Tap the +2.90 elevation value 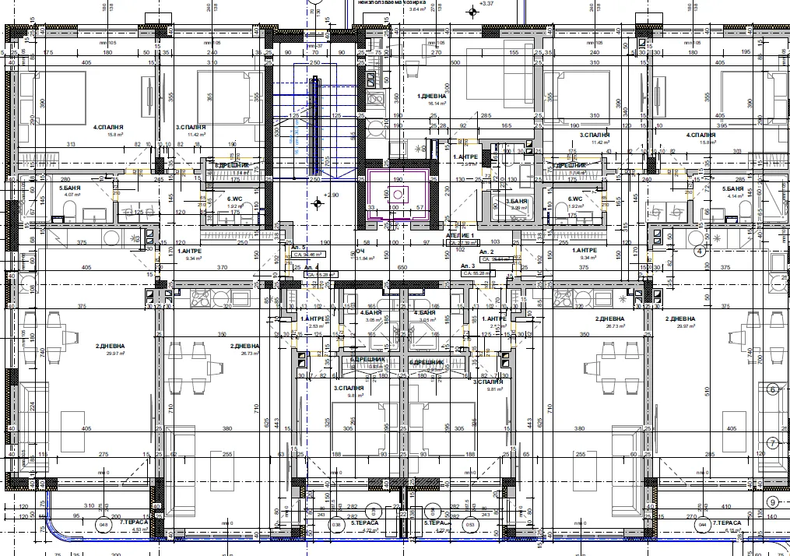[332, 195]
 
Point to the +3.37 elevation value [488, 4]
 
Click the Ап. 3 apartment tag [469, 266]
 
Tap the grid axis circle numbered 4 [699, 251]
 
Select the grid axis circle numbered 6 [773, 390]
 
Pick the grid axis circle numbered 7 [772, 443]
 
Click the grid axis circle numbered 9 [772, 502]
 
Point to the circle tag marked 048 [102, 524]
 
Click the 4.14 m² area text [732, 196]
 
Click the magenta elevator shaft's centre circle [394, 195]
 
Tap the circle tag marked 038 [335, 524]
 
